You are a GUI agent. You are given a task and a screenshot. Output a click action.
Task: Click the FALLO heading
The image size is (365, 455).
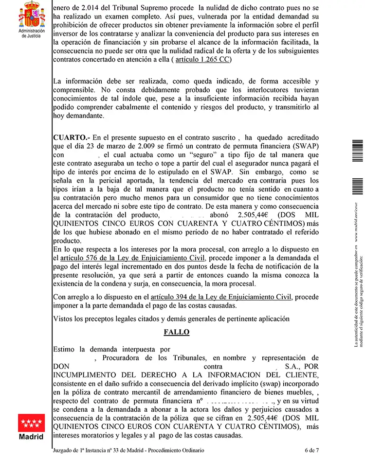coord(176,332)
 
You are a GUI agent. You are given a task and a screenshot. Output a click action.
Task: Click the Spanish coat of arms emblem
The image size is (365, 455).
coord(31,15)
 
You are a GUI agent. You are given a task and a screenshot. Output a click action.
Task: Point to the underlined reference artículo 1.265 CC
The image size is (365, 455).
coord(201,60)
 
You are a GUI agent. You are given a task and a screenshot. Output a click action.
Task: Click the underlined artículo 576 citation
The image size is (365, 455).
coord(132,258)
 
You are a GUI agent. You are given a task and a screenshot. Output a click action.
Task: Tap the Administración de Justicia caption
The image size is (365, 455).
coord(31,33)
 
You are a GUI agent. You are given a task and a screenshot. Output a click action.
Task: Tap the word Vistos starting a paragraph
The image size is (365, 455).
coord(64,319)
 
